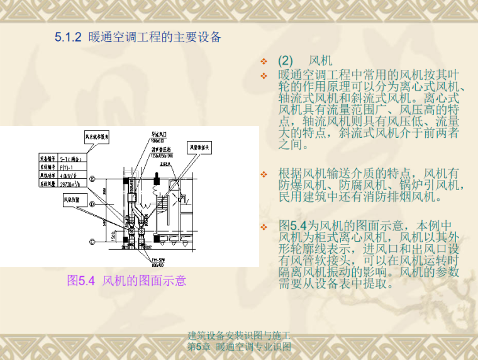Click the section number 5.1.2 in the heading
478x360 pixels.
pos(68,37)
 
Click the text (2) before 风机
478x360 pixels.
pos(286,62)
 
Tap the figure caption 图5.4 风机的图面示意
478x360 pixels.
pos(126,281)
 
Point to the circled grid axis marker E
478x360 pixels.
pos(92,179)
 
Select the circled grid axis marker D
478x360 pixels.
pos(92,204)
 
